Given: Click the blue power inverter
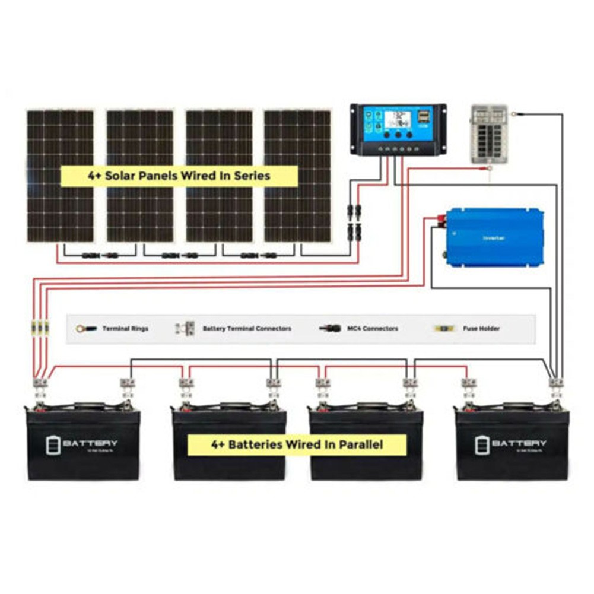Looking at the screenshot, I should point(494,237).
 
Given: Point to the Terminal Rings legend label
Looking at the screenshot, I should point(125,328).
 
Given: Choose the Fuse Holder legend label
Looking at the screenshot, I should point(481,328).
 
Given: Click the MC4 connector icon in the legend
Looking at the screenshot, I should point(330,328).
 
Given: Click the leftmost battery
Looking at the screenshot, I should point(83,442).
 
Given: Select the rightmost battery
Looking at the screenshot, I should point(512,442).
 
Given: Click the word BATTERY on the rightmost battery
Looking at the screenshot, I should point(519,443).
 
